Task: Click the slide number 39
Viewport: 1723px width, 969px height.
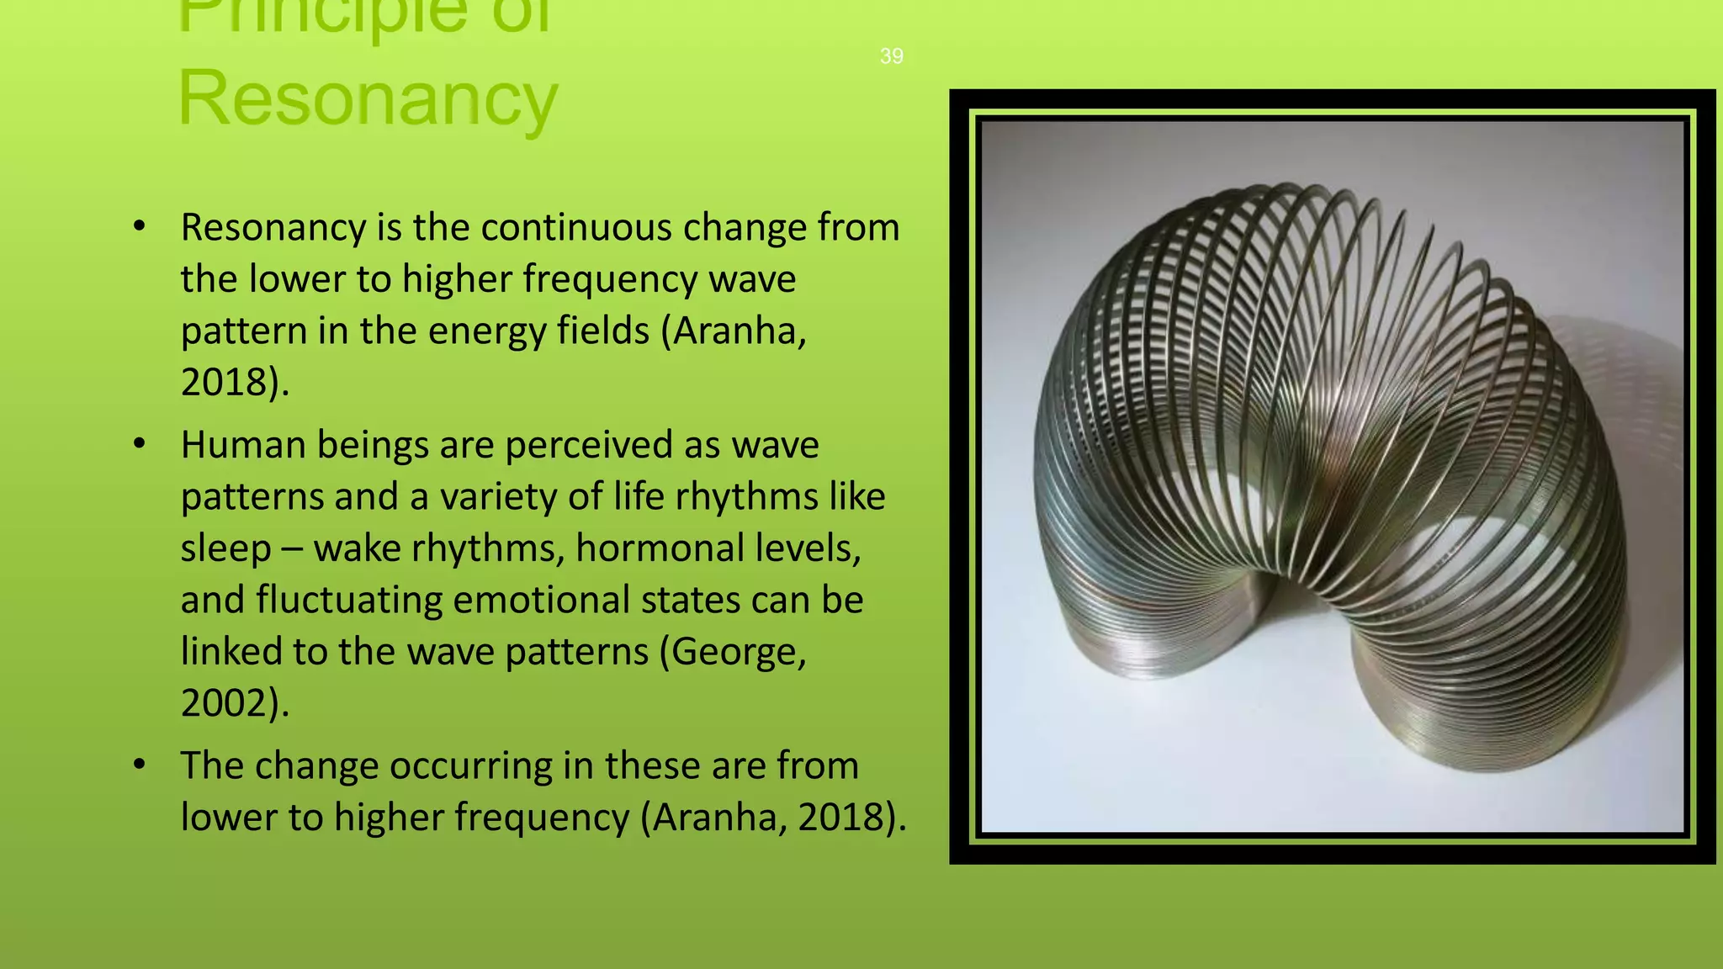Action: tap(891, 56)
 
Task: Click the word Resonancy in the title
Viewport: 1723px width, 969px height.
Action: tap(368, 98)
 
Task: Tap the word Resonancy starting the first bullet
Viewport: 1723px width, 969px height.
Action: tap(272, 228)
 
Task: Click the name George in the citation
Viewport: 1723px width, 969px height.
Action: tap(734, 652)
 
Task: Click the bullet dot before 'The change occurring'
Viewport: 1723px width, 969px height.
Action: tap(140, 764)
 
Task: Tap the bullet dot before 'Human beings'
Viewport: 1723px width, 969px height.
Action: tap(140, 443)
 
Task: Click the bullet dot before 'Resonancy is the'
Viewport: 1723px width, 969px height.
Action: tap(140, 226)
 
